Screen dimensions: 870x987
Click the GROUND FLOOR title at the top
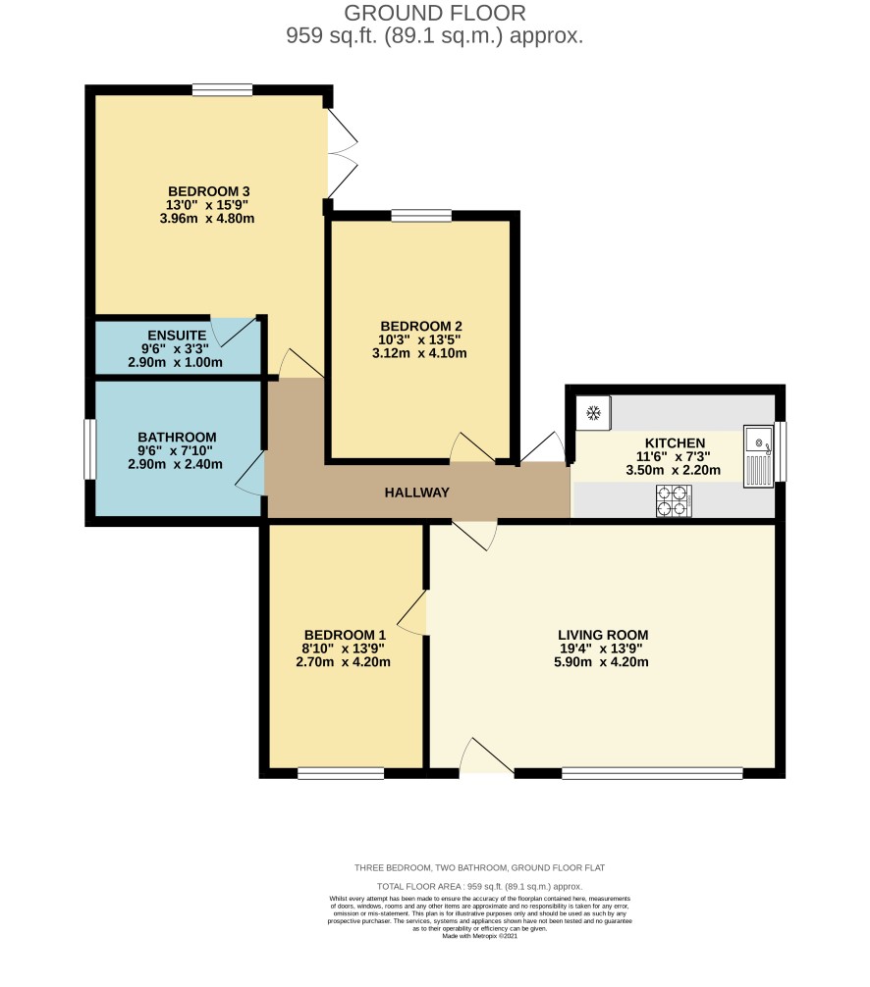[435, 13]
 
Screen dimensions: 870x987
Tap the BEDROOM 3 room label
[208, 191]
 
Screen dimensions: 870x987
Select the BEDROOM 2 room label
[421, 326]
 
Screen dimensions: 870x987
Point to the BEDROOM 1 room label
[345, 635]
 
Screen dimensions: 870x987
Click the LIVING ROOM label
[603, 635]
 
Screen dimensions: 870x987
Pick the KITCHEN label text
[675, 443]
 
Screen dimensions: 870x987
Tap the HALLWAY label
[417, 493]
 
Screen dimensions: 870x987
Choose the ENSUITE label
[177, 336]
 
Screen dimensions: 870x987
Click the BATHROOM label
[177, 437]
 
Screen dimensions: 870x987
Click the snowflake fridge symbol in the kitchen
[593, 413]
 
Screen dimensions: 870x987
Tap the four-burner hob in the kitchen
[674, 501]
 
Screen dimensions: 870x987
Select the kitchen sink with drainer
[758, 456]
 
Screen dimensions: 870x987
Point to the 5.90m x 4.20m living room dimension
[601, 662]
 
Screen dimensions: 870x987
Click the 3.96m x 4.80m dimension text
[207, 219]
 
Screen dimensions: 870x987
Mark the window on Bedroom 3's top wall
[222, 90]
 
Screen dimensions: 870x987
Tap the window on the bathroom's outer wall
[90, 449]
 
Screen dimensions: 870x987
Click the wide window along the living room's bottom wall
[652, 773]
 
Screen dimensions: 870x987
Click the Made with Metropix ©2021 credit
[479, 936]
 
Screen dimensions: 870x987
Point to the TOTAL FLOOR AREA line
[479, 886]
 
